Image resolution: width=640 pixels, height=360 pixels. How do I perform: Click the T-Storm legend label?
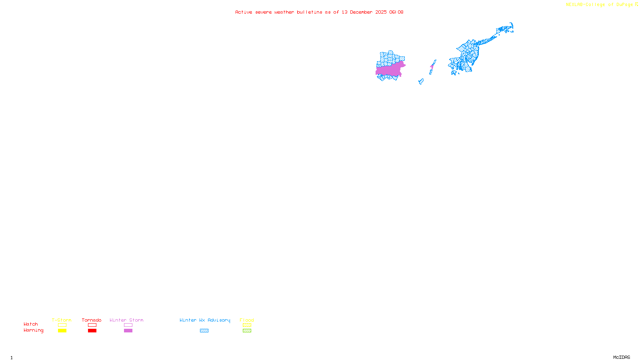pos(62,320)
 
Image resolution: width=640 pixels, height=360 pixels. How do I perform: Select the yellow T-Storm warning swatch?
pos(62,331)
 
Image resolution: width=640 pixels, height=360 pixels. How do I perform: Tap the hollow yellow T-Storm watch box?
pos(62,325)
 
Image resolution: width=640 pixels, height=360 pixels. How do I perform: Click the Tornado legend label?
pos(92,320)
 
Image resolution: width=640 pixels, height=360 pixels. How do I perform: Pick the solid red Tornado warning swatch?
pos(92,331)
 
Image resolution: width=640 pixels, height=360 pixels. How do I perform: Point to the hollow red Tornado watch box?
pos(92,325)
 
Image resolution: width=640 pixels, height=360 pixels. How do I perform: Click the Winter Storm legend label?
pos(126,320)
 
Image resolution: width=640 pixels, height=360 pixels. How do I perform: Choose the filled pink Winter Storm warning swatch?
pos(128,331)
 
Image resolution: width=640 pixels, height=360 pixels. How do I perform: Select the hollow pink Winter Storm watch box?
pos(128,325)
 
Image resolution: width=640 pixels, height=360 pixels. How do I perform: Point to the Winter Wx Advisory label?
pos(205,320)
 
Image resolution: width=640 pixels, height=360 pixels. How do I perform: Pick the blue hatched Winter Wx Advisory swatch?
pos(204,331)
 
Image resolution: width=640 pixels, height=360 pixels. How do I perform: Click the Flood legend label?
pos(247,320)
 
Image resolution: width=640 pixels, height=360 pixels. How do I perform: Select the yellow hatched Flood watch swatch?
pos(247,325)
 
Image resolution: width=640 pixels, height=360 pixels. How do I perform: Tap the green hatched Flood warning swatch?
pos(247,331)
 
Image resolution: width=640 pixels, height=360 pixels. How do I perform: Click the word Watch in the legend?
pos(31,324)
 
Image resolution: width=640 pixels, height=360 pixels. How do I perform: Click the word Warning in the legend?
pos(33,330)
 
